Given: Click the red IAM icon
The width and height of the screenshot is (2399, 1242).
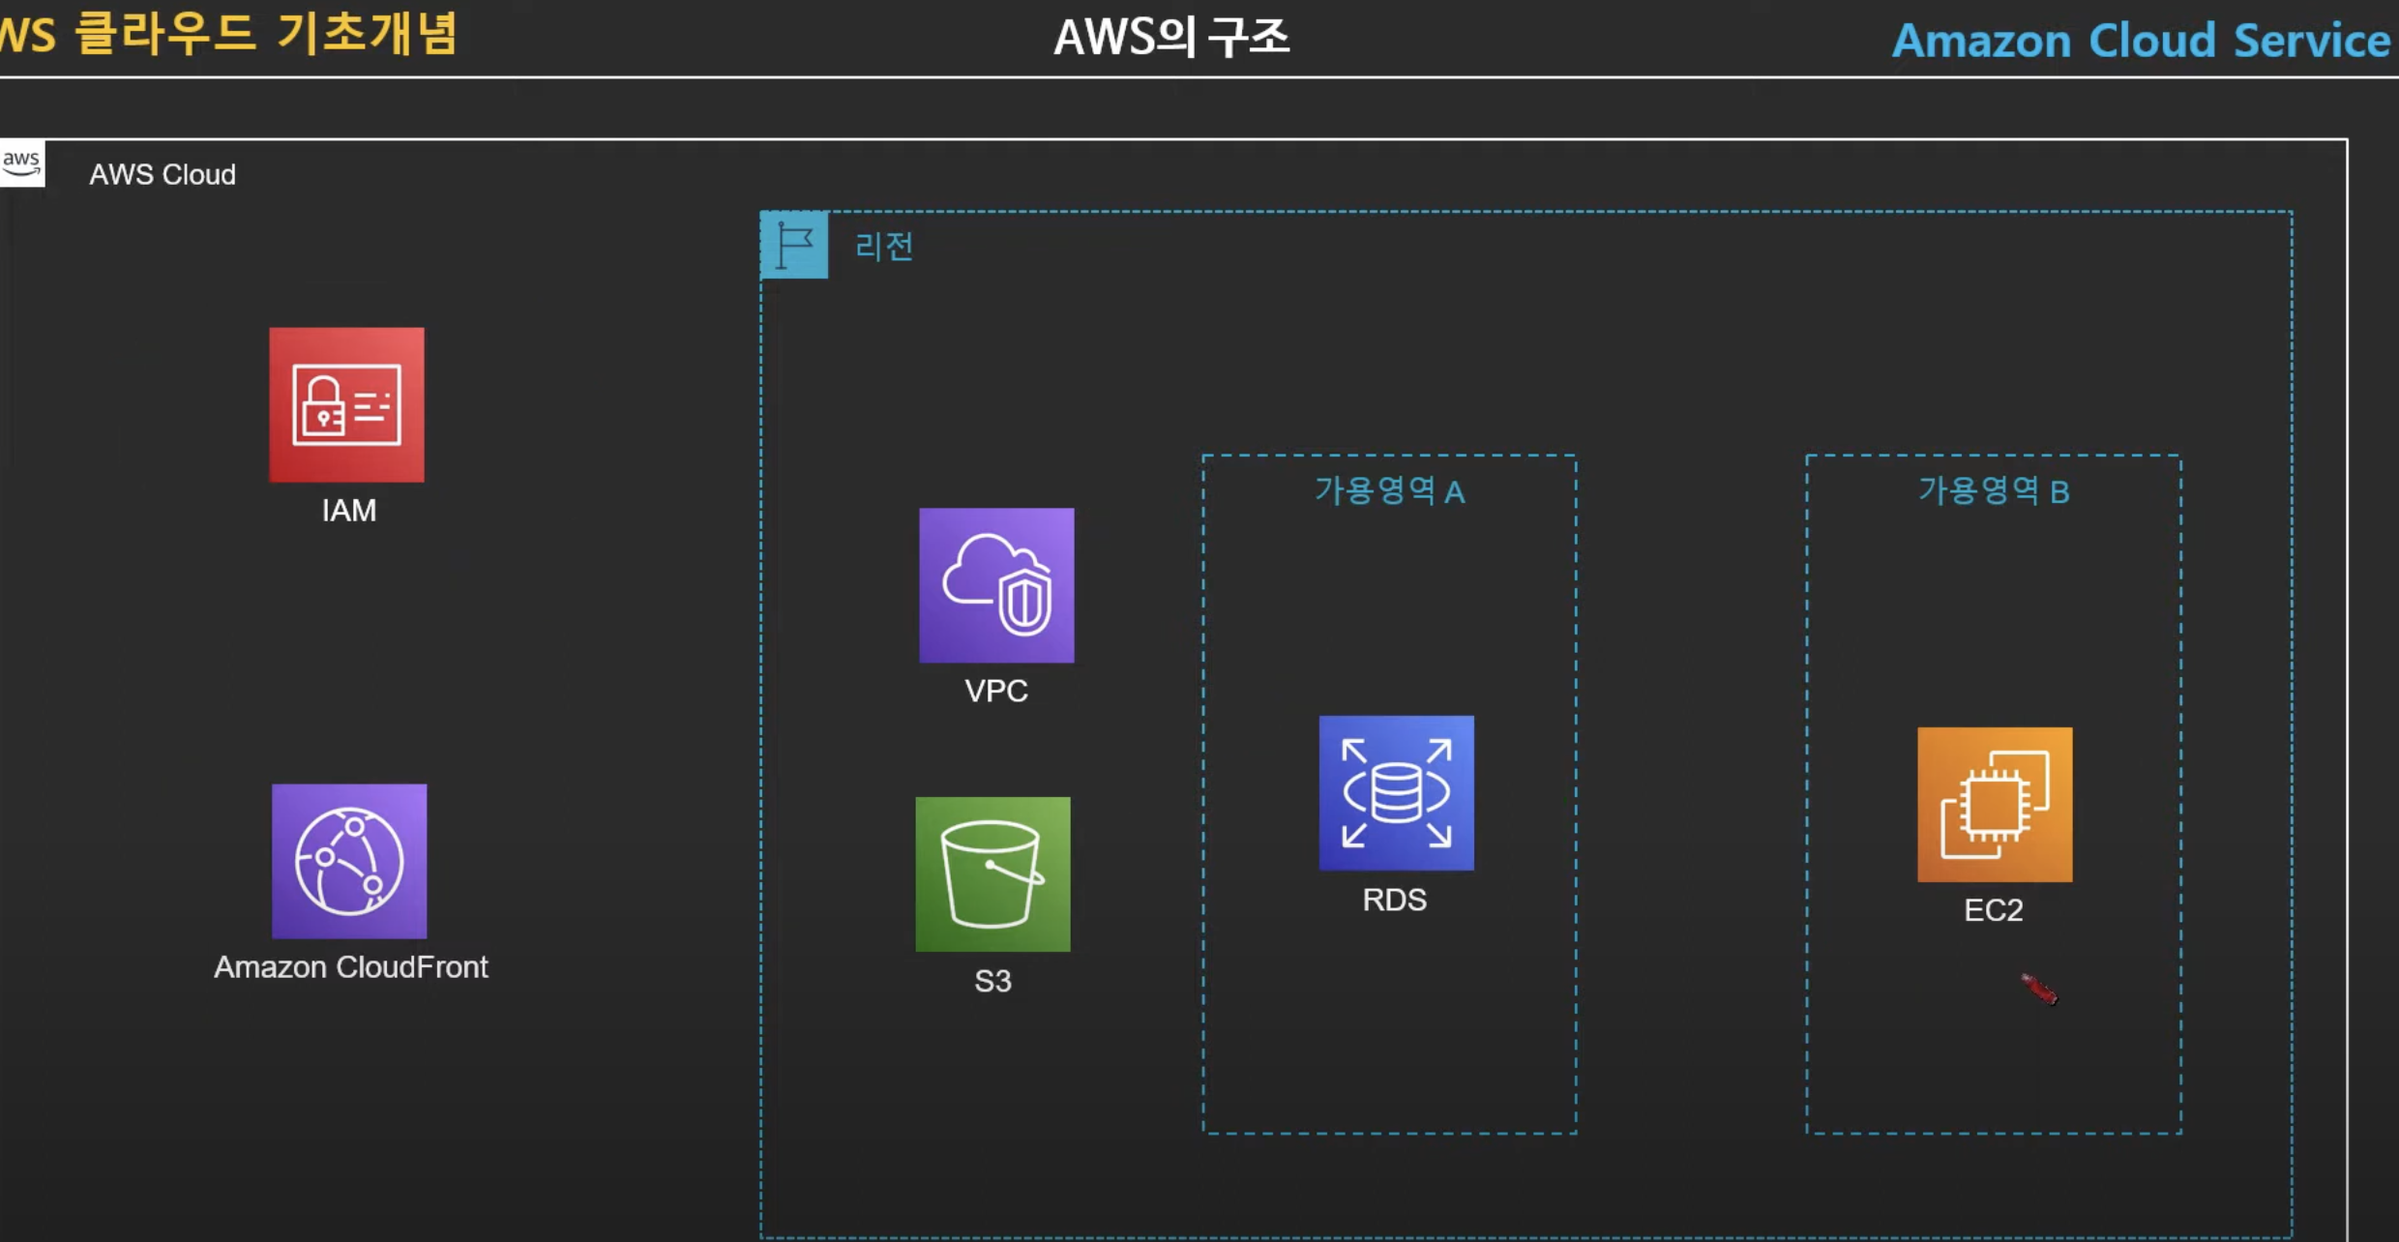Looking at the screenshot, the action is pyautogui.click(x=346, y=404).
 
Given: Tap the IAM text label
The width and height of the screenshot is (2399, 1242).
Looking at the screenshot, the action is pyautogui.click(x=349, y=510).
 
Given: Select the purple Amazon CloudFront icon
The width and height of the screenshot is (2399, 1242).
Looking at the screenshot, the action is pyautogui.click(x=349, y=861).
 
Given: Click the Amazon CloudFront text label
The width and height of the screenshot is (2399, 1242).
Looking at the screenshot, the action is pyautogui.click(x=351, y=966).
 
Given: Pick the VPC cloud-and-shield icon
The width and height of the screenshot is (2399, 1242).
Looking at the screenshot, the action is pyautogui.click(x=996, y=585).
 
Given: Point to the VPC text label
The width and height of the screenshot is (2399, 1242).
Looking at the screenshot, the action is pyautogui.click(x=996, y=691).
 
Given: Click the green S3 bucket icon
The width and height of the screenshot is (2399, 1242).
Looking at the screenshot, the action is pyautogui.click(x=993, y=874).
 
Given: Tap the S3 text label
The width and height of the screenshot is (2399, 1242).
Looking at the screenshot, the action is pyautogui.click(x=993, y=981).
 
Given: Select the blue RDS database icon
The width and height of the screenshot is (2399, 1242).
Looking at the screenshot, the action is pyautogui.click(x=1397, y=793).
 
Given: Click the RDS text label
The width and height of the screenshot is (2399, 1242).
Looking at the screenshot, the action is pyautogui.click(x=1395, y=900).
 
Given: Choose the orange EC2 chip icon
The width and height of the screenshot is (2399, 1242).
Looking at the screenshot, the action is pyautogui.click(x=1995, y=805).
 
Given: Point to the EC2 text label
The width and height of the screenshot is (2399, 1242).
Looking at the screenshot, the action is pyautogui.click(x=1994, y=910).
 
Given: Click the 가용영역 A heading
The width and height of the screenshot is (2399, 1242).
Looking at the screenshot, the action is pyautogui.click(x=1390, y=490).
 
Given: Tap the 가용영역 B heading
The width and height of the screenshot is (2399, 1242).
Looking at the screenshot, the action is pyautogui.click(x=1994, y=490).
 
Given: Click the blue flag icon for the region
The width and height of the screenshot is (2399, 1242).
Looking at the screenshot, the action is pyautogui.click(x=794, y=245).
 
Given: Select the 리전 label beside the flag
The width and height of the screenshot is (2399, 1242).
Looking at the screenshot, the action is pyautogui.click(x=884, y=246).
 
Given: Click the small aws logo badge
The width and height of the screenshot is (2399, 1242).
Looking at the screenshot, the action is pyautogui.click(x=21, y=163).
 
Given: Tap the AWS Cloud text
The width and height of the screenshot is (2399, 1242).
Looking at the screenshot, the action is pyautogui.click(x=163, y=174).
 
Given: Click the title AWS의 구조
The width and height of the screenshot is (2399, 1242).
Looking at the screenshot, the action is pyautogui.click(x=1171, y=38).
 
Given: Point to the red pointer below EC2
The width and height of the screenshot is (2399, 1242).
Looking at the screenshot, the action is pyautogui.click(x=2039, y=989).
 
